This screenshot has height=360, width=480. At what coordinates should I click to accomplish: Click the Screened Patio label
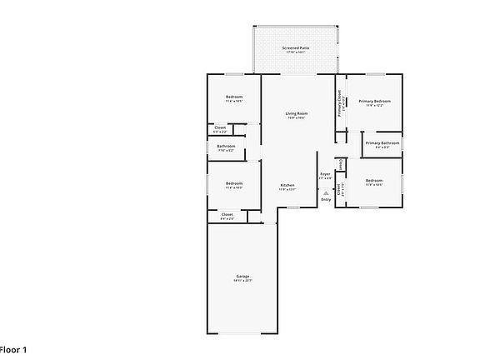(296, 48)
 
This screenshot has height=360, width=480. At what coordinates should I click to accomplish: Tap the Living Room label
(297, 113)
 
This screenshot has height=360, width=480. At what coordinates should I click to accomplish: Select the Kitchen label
(287, 184)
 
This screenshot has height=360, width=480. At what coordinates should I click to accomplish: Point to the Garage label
(242, 276)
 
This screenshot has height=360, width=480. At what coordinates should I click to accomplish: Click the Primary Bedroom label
(375, 101)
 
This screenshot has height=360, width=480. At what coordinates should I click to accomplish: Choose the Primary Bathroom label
(382, 142)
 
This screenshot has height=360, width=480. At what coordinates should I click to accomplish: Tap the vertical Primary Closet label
(340, 104)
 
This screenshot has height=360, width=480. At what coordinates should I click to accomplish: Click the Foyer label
(325, 173)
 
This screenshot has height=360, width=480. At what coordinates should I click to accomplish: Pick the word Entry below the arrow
(325, 199)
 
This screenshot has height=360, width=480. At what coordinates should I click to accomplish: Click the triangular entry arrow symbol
(325, 192)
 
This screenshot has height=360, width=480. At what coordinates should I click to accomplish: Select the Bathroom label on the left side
(226, 146)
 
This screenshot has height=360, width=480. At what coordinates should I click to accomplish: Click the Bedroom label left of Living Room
(233, 97)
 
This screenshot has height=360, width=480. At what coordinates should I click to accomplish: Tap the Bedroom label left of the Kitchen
(233, 183)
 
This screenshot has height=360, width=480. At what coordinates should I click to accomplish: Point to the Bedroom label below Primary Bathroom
(373, 180)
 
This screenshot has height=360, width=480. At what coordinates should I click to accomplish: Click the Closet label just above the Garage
(227, 214)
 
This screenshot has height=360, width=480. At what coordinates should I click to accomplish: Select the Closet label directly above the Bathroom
(220, 127)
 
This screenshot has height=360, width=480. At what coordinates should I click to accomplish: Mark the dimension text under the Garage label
(242, 281)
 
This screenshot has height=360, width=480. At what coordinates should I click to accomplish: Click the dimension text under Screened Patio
(296, 53)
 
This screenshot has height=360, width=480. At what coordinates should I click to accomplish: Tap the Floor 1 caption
(13, 349)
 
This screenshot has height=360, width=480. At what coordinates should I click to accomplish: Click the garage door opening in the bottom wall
(242, 333)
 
